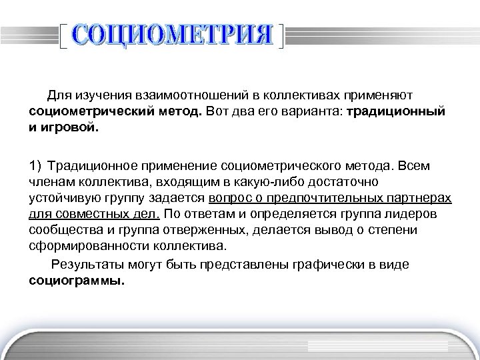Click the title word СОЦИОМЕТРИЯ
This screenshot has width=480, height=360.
coord(171,35)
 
